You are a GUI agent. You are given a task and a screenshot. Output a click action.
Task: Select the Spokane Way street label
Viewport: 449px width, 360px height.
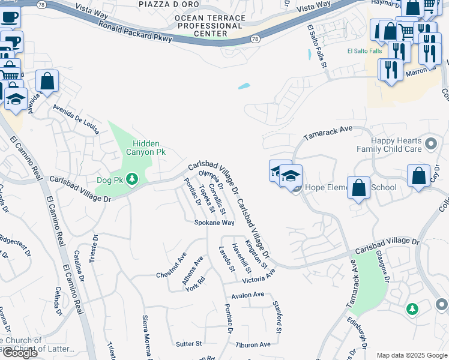point(214,223)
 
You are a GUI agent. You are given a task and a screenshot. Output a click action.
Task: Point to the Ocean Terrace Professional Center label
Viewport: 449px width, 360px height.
point(210,26)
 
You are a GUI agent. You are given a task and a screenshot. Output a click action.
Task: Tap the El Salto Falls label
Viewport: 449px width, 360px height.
point(364,51)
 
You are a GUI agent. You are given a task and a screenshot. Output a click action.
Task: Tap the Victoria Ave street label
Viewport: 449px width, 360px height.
point(259,277)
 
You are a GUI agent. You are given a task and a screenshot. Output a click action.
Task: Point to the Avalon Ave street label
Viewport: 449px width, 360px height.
point(248,295)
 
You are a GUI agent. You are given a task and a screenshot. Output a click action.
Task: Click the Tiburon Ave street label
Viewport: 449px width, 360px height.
point(253,344)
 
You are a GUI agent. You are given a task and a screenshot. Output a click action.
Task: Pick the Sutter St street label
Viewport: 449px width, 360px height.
point(189,344)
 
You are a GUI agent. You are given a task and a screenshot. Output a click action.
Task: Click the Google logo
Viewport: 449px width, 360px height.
point(20,353)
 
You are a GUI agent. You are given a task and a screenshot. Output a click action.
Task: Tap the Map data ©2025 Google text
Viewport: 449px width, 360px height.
point(412,355)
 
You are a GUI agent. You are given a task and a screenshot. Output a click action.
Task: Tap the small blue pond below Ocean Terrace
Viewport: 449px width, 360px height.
point(244,86)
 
